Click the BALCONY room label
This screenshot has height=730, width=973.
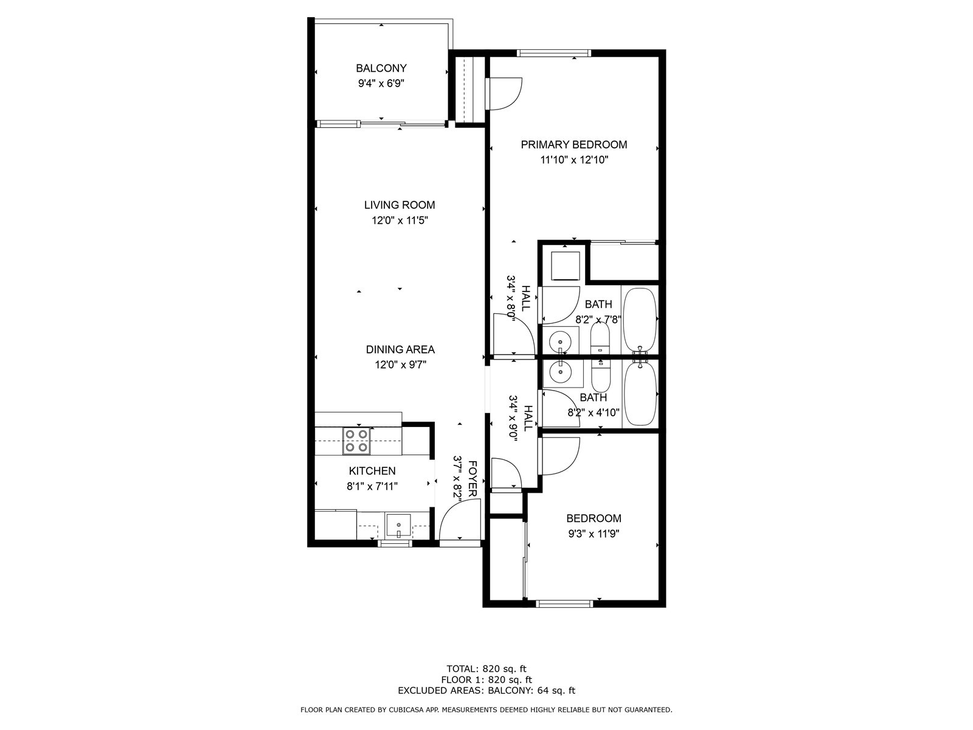click(381, 68)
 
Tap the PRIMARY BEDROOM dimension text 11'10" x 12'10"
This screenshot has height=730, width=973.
click(574, 160)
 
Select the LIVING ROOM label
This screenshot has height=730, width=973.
click(400, 205)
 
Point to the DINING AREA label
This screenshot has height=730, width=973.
click(400, 349)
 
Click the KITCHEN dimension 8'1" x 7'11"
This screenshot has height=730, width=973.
click(372, 486)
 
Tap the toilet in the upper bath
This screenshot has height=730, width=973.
click(600, 338)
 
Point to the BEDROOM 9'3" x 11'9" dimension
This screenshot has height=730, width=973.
click(594, 534)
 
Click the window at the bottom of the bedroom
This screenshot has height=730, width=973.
click(564, 603)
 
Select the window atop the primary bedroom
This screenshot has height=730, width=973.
click(553, 53)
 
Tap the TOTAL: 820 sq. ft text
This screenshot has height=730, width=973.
click(486, 668)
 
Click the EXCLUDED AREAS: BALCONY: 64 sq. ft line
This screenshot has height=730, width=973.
click(486, 690)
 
